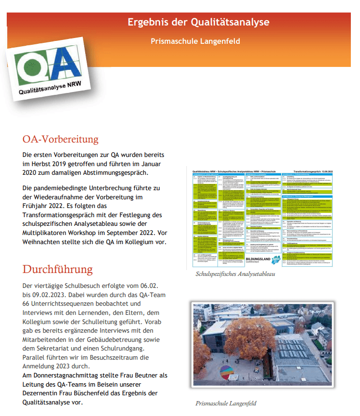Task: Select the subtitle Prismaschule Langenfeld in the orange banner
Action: (x=195, y=41)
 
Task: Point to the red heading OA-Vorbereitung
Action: (x=60, y=140)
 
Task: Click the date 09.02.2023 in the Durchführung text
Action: (x=52, y=295)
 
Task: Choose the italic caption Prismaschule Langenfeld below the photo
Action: (x=226, y=403)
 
